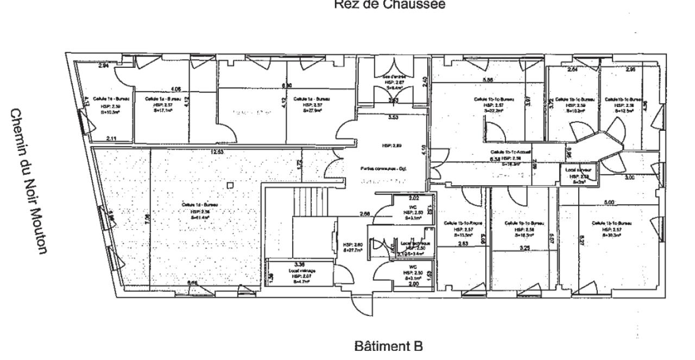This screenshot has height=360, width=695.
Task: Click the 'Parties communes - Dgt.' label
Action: click(x=383, y=168)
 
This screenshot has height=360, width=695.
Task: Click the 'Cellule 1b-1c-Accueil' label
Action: click(x=510, y=153)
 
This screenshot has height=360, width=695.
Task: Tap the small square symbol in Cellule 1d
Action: click(x=231, y=185)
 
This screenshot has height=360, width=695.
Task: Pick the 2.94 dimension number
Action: click(x=103, y=67)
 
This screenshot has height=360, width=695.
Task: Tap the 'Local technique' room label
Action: click(x=415, y=244)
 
